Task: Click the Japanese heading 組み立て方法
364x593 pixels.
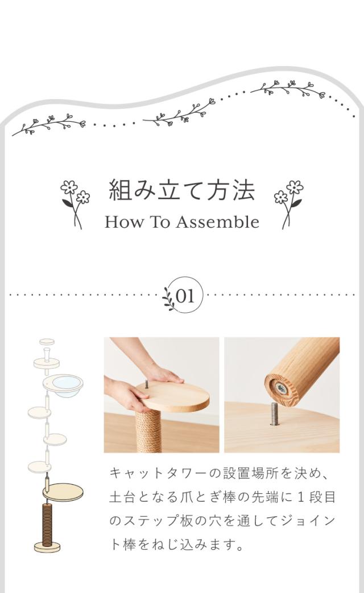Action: pos(182,190)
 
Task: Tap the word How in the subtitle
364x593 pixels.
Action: pos(123,222)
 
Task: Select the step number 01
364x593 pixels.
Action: pos(185,296)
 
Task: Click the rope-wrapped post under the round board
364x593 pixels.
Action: pos(148,431)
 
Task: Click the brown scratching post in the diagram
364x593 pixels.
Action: pos(47,524)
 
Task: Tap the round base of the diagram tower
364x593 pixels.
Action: pos(47,547)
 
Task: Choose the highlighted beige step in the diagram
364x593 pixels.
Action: pos(63,492)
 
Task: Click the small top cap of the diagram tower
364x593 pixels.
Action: pos(47,342)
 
